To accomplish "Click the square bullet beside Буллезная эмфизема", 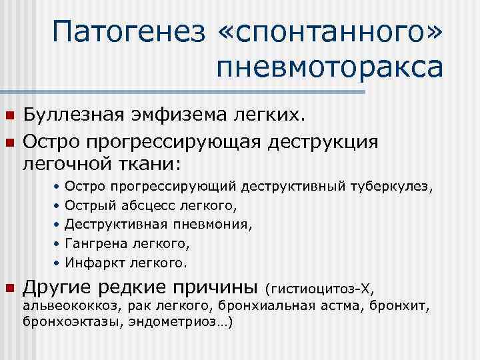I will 9,117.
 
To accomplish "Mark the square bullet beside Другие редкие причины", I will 9,289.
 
